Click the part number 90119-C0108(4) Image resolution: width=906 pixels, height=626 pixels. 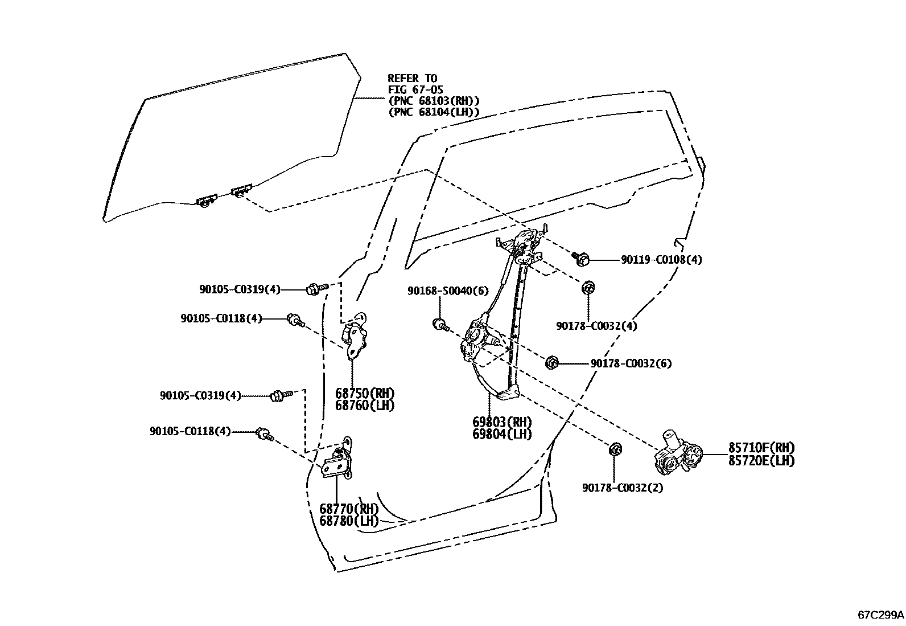[x=661, y=260]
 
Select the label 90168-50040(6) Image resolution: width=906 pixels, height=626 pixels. [x=448, y=291]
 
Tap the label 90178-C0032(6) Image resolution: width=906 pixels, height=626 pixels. [x=631, y=363]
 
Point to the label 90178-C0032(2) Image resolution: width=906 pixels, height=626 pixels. [x=623, y=488]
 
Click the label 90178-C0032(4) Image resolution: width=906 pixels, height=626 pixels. [x=596, y=326]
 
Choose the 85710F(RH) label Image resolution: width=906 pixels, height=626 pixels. [x=761, y=448]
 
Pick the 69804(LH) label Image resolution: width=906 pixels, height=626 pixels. [x=502, y=434]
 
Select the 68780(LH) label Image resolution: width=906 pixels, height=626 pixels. [x=349, y=521]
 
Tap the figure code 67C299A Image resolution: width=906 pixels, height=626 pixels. [x=881, y=615]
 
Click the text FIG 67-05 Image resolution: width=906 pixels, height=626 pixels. [x=415, y=89]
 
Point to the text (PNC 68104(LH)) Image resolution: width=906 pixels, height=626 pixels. [x=434, y=112]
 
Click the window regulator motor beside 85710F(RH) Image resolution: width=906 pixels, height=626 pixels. [x=678, y=453]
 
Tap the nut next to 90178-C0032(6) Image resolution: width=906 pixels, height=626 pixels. [x=551, y=363]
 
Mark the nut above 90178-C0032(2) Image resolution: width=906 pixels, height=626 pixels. [x=615, y=449]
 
